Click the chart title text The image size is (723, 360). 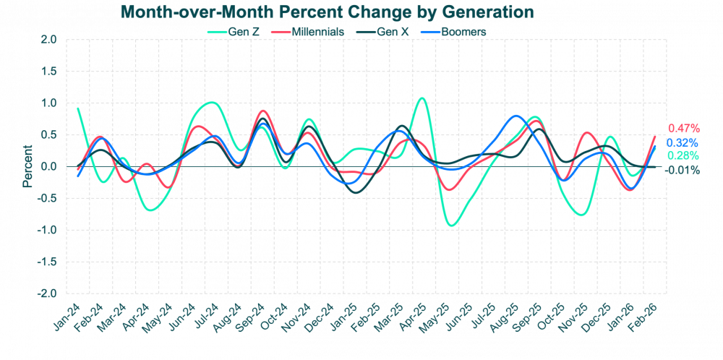[327, 12]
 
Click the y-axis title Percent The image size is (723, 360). [27, 166]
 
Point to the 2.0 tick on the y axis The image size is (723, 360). [48, 40]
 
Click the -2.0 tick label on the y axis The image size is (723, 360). [47, 293]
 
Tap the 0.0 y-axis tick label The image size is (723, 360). [48, 167]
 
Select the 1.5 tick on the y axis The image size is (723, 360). [48, 72]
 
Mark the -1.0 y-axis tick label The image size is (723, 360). [47, 230]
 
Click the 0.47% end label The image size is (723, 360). [683, 127]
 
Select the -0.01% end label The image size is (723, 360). [682, 171]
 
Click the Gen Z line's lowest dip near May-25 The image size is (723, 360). [452, 226]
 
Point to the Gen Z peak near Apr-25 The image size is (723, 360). [422, 98]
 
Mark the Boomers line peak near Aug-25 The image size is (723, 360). [515, 116]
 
